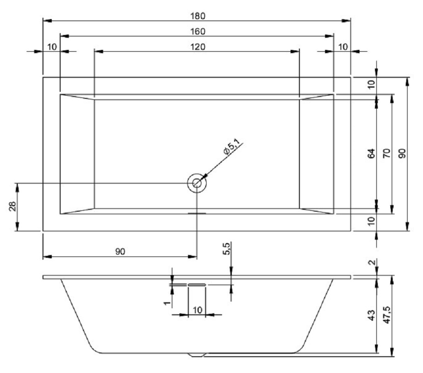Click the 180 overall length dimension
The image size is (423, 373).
196,15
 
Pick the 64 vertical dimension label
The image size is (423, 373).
371,153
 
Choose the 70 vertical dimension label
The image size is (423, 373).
386,153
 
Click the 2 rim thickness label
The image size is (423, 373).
372,263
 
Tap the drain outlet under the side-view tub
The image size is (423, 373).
196,355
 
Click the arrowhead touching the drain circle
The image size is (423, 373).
204,176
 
